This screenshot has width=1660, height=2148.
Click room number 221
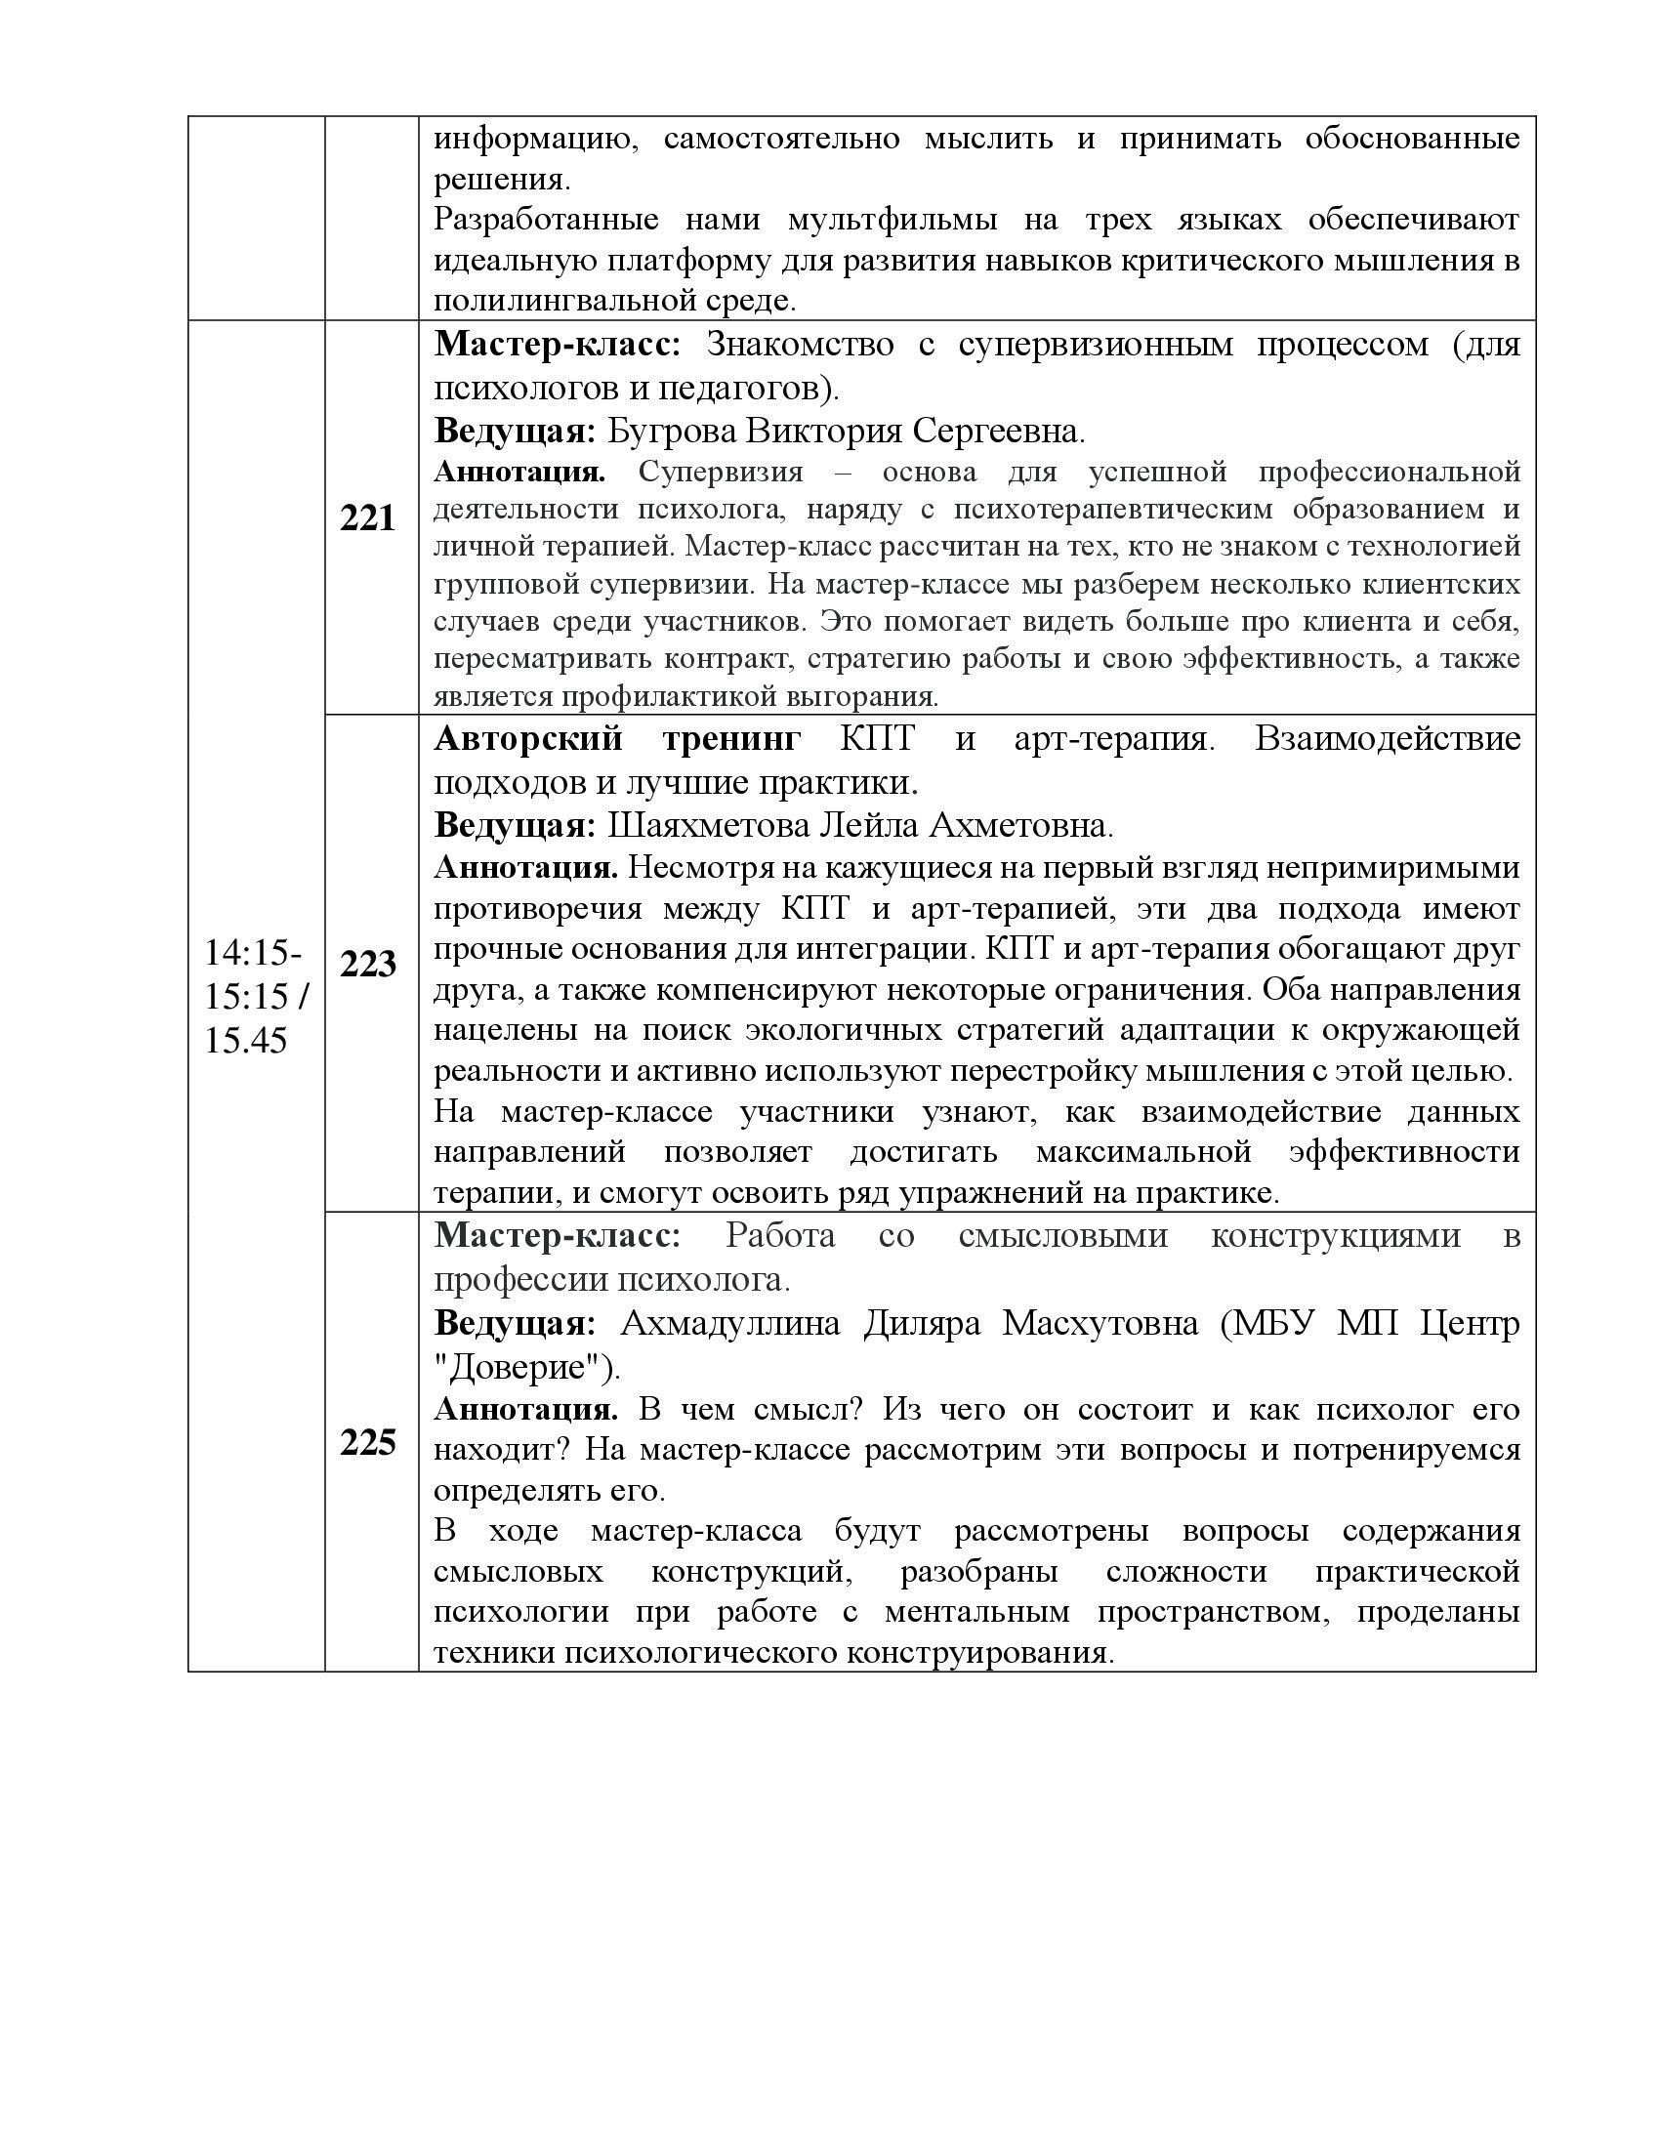(367, 518)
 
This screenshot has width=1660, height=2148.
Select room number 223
(367, 964)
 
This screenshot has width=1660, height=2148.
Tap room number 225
(367, 1442)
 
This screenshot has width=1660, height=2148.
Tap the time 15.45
(246, 1040)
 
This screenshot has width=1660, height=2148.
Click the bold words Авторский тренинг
(617, 739)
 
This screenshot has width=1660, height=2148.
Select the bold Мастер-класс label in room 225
(557, 1235)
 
